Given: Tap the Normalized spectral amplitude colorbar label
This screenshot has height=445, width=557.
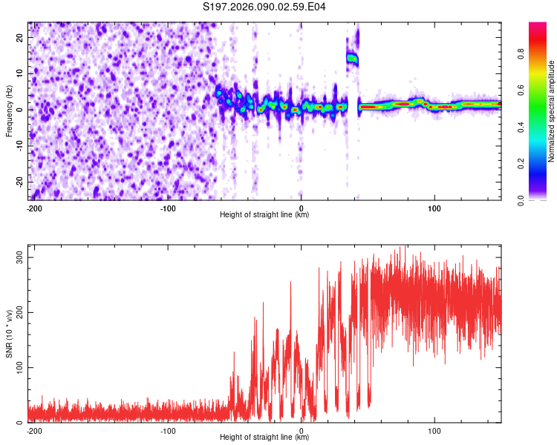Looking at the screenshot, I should [x=551, y=111].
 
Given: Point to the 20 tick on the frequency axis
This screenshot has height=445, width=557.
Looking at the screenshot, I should [x=21, y=37].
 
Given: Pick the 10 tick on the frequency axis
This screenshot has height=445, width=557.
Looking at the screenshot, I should [x=21, y=73].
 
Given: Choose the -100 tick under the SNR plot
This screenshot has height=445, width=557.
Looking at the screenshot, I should [x=168, y=430].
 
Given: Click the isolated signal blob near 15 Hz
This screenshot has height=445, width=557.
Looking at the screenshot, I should [x=352, y=58].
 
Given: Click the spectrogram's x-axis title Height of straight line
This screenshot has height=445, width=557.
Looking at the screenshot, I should [x=264, y=215].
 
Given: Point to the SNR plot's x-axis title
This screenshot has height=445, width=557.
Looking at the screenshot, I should [x=264, y=438].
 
